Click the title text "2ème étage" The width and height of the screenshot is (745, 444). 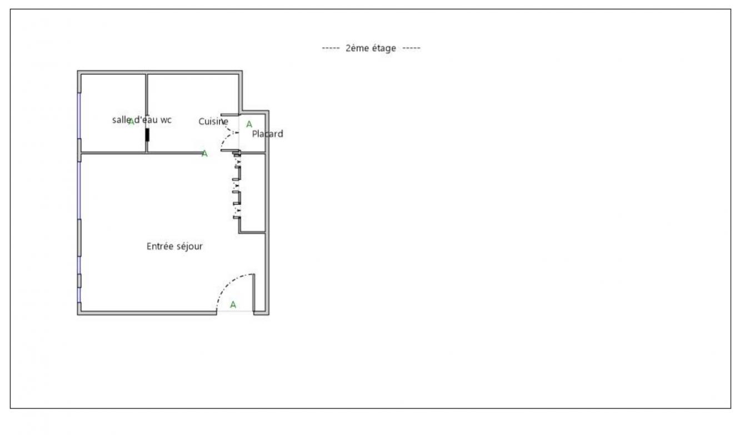pos(371,48)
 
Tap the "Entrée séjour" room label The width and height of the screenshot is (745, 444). pos(174,246)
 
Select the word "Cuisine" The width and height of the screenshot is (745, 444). pos(213,122)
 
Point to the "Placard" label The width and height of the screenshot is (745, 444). pos(267,134)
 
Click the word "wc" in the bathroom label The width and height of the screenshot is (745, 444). pos(166,120)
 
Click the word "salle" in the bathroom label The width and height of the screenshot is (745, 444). pos(122,120)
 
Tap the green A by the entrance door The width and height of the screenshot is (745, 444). pos(233,305)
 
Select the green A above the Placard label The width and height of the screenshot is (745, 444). pos(249,124)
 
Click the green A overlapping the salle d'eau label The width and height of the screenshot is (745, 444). pos(131,122)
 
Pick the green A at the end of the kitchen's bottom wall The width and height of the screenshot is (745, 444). pos(204,154)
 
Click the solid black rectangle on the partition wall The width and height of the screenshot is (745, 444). pos(147,135)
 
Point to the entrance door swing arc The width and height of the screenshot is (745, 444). pos(229,282)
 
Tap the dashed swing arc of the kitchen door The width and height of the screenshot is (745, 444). pos(226,138)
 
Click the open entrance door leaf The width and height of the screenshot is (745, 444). pos(254,293)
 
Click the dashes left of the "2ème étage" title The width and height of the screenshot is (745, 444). pos(331,48)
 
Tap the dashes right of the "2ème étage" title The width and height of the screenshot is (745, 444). pos(412,48)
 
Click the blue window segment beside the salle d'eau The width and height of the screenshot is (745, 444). pos(79,115)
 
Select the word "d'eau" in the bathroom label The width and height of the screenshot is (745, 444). pos(146,120)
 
